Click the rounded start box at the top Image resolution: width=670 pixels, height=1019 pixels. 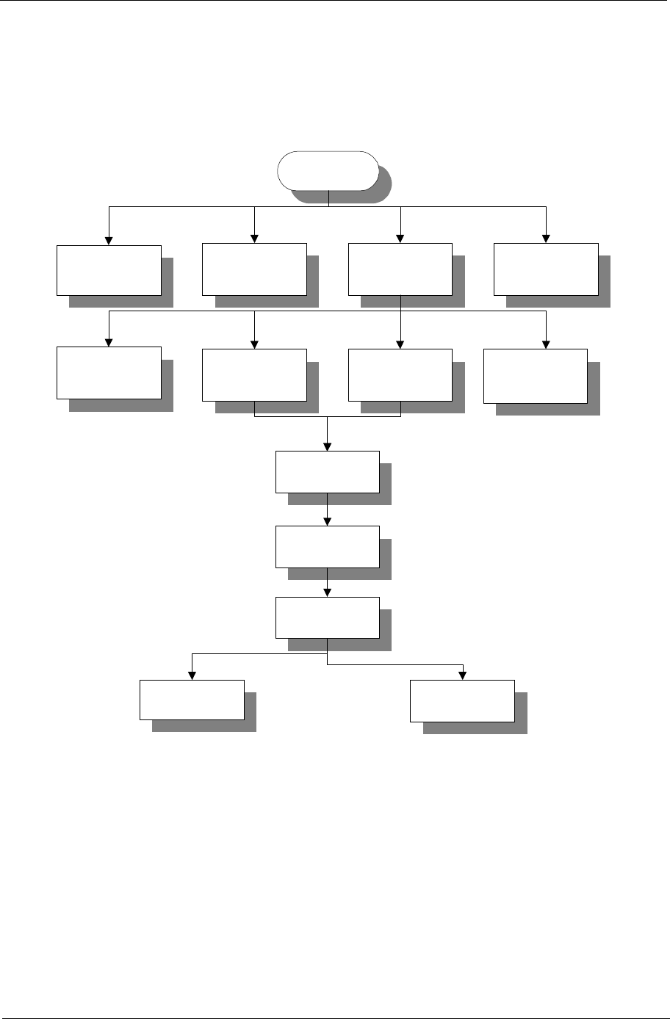327,170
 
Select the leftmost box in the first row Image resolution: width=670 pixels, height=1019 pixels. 109,269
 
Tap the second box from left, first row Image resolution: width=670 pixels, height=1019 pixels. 254,269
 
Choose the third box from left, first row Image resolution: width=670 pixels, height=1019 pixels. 400,269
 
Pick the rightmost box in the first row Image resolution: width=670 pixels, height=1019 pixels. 545,269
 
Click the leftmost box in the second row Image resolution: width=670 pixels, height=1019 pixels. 109,372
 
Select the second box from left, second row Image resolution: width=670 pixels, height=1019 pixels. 254,374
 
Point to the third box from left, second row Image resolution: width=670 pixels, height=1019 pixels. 400,374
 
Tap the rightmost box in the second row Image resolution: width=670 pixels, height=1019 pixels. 535,376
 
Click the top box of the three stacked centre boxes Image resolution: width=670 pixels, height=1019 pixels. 327,471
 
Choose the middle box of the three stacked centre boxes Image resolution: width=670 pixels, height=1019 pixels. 327,546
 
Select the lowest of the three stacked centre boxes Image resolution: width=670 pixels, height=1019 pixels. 327,617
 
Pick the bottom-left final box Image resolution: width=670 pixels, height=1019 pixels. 192,700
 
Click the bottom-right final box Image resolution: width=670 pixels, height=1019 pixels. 462,701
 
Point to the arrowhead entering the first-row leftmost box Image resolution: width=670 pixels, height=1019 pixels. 109,239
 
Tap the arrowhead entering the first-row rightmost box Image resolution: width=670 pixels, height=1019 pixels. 546,239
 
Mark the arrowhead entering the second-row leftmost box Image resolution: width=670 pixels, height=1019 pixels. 109,341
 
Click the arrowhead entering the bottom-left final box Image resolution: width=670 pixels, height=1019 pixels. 192,675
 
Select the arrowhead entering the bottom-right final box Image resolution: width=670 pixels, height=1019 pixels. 463,675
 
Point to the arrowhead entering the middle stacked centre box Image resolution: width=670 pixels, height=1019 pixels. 327,521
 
